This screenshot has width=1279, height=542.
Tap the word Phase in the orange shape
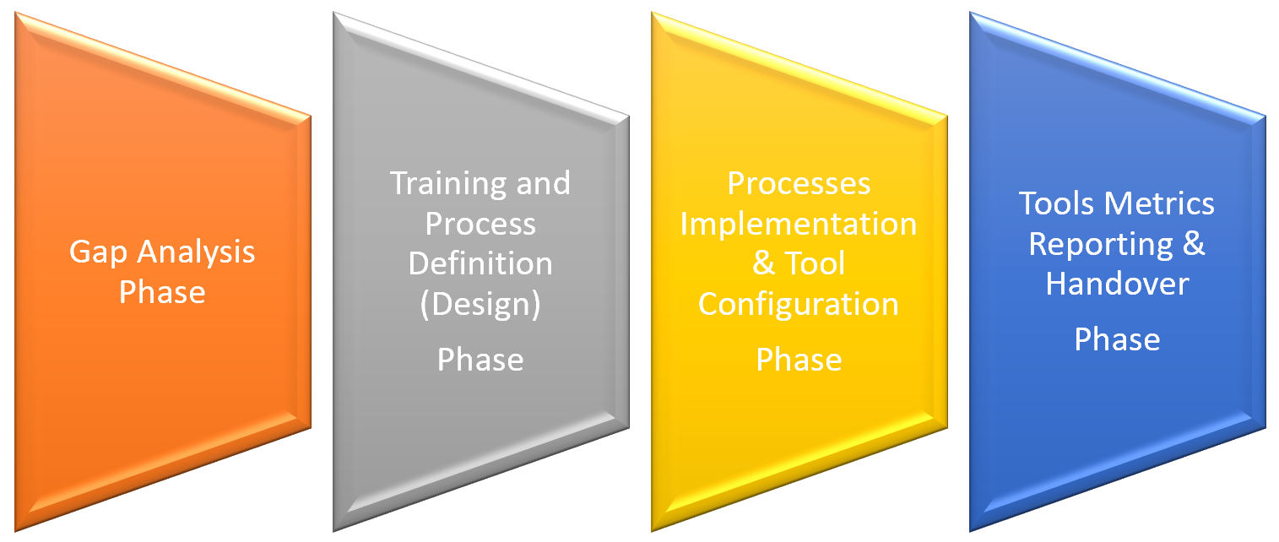[x=162, y=292]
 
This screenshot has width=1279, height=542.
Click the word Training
[x=447, y=184]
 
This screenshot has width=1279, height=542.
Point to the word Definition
[x=480, y=263]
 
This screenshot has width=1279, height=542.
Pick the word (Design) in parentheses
[x=480, y=305]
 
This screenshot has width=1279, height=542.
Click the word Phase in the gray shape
[x=480, y=360]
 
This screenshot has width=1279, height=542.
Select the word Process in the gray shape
[x=480, y=224]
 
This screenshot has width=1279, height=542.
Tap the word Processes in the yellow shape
[x=799, y=183]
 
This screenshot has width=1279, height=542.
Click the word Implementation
[x=799, y=225]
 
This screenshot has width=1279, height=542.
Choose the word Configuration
[x=799, y=305]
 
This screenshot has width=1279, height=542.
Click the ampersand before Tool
[x=763, y=263]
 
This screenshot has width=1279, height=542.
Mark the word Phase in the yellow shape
[x=799, y=360]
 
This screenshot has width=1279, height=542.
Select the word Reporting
[x=1101, y=245]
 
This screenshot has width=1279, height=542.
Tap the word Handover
[x=1117, y=284]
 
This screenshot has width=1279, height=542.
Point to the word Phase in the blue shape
[x=1117, y=339]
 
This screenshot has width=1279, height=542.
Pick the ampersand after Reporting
[x=1194, y=244]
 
